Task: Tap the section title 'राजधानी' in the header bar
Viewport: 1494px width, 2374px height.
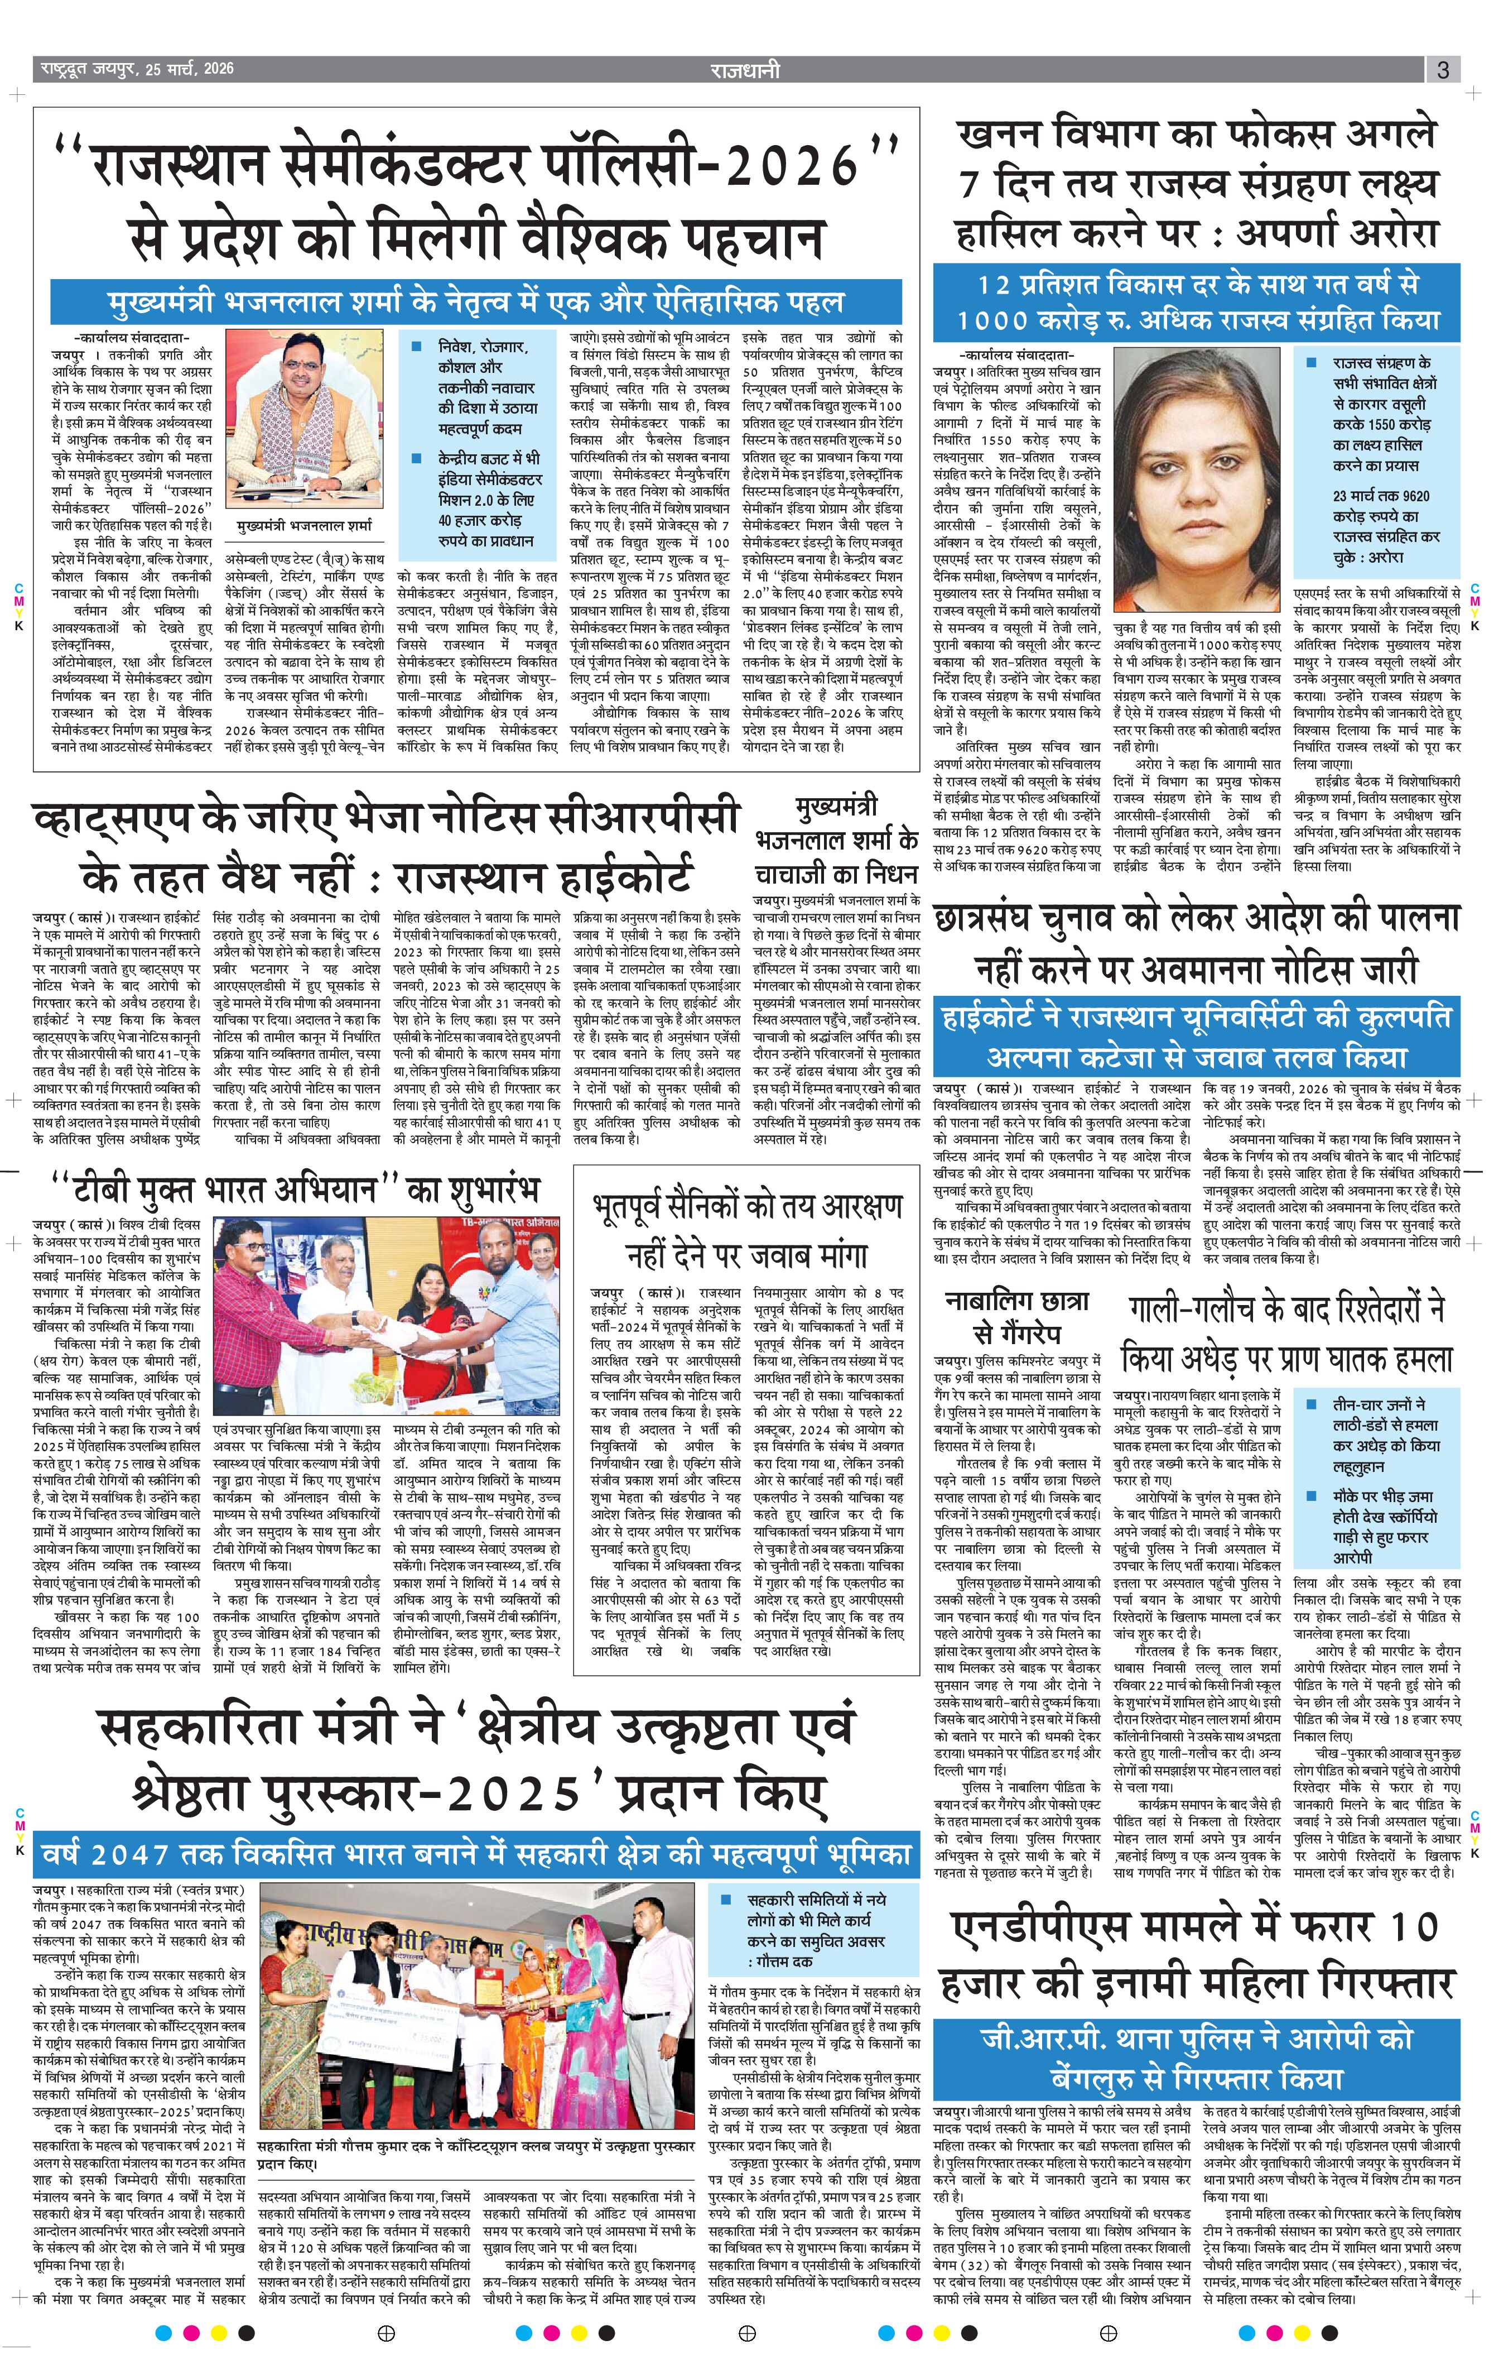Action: pyautogui.click(x=745, y=70)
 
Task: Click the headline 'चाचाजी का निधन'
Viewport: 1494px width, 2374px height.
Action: pyautogui.click(x=836, y=875)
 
